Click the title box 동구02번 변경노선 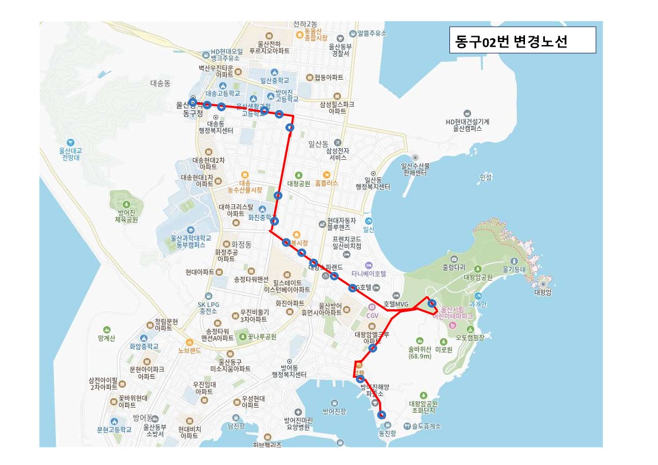[x=522, y=41]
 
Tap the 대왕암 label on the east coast [x=543, y=291]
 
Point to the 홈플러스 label [x=326, y=182]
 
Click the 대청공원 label [x=298, y=183]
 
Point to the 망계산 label [x=107, y=338]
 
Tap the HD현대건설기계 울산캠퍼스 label [x=467, y=125]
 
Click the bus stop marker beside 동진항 [x=382, y=415]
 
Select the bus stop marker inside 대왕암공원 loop [x=432, y=303]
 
